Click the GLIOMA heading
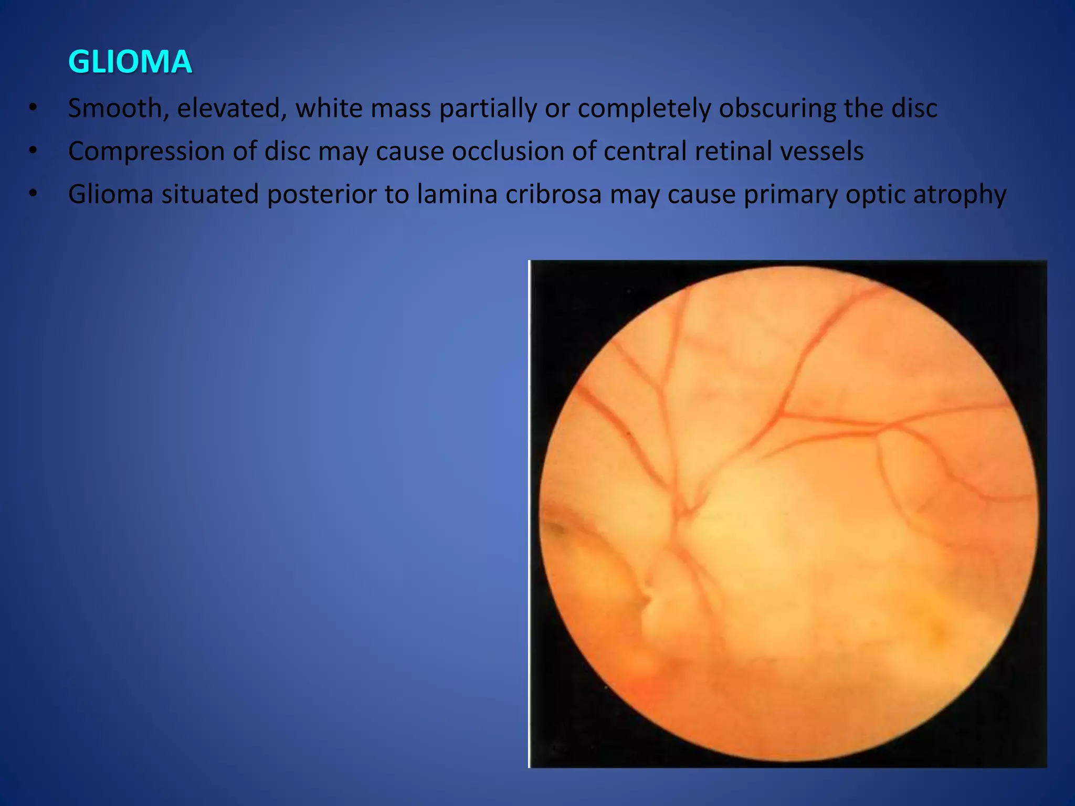click(x=130, y=62)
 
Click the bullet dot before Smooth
click(x=33, y=109)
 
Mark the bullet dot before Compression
click(x=33, y=152)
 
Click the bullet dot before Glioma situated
click(x=33, y=195)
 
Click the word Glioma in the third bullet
click(x=110, y=195)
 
